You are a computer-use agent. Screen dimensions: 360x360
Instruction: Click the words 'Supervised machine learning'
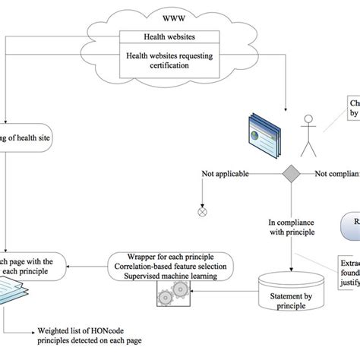point(174,276)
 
